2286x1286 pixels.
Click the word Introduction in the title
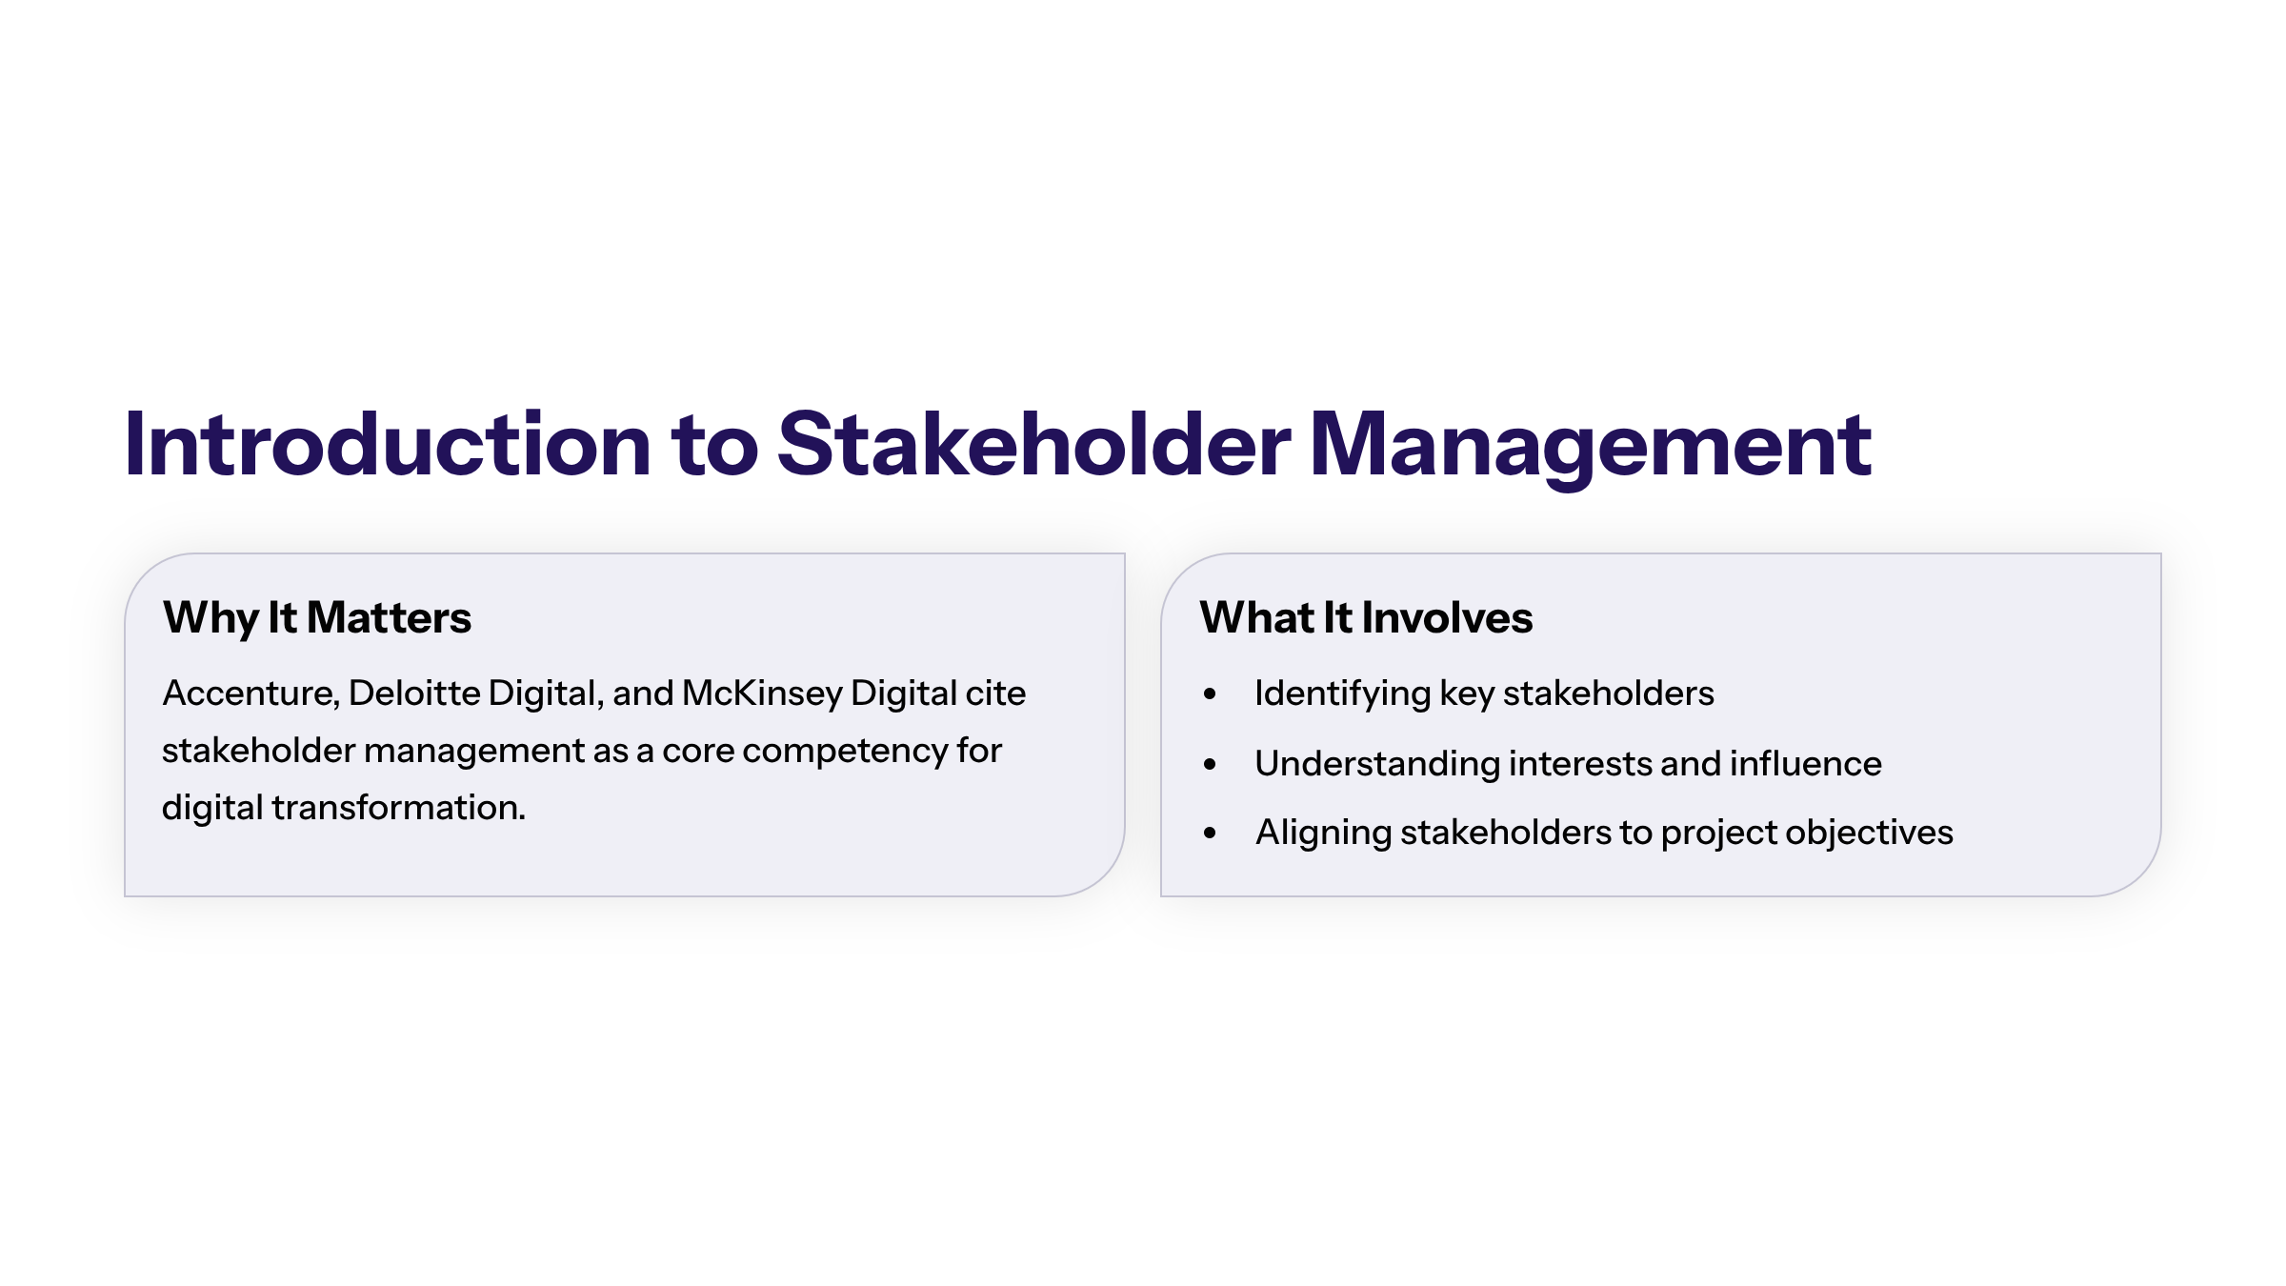point(388,444)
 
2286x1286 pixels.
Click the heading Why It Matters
point(317,618)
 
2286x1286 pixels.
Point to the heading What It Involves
point(1366,617)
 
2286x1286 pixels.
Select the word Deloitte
point(414,693)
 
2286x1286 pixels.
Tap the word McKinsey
point(762,694)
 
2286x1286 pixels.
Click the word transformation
point(398,808)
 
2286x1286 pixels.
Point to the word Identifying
point(1343,694)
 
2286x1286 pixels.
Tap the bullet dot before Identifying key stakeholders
point(1210,694)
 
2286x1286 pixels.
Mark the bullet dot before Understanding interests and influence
point(1210,764)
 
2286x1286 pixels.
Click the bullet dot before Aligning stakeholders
point(1210,834)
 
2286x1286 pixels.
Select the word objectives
point(1869,834)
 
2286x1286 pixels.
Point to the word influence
point(1806,763)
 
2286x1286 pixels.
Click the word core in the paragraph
point(698,753)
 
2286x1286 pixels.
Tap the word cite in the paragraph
point(995,693)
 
